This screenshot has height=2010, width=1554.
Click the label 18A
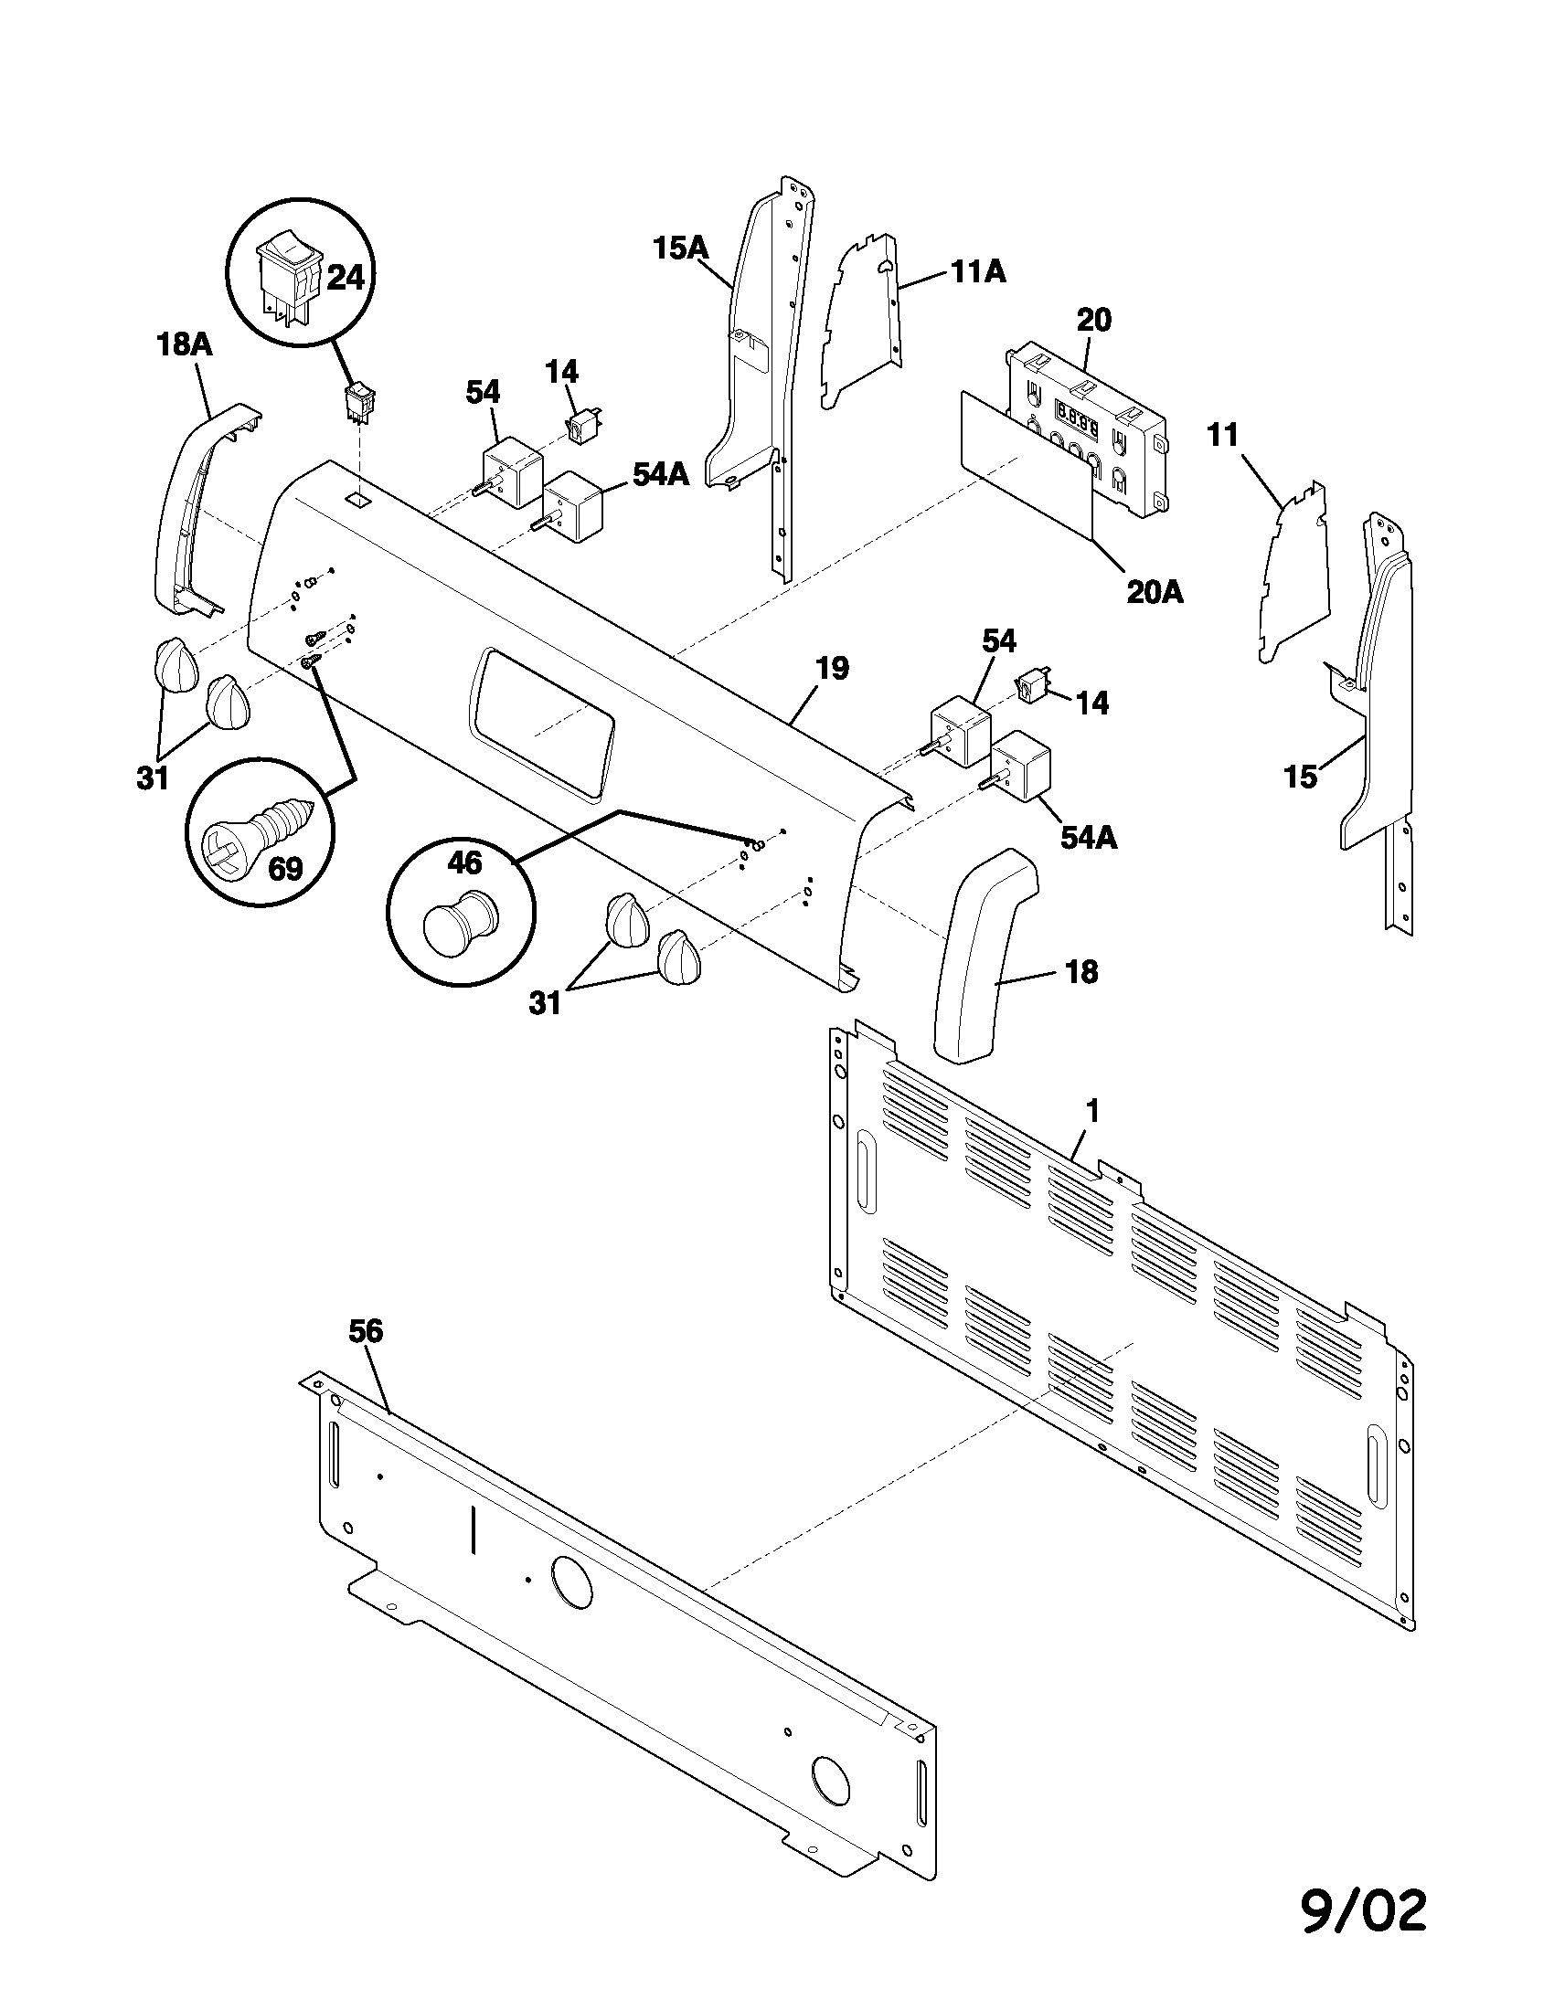[183, 345]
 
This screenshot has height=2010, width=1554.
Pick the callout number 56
[366, 1332]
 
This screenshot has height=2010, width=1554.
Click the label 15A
[680, 249]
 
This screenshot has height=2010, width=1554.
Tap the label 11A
[977, 271]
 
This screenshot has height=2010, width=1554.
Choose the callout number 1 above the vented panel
[1091, 1112]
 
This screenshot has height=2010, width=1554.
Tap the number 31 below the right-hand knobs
[545, 1003]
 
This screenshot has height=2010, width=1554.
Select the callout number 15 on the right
[1301, 777]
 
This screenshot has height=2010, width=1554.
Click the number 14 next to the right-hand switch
[1091, 703]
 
